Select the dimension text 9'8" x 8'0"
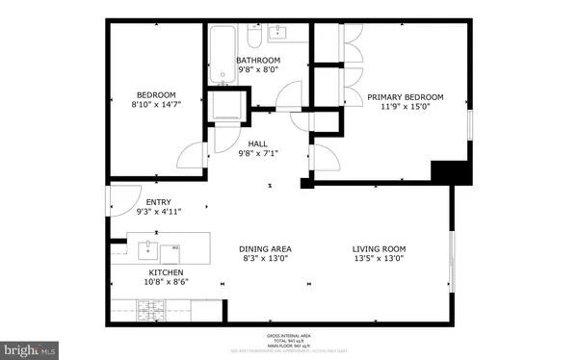(257, 69)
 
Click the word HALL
(257, 143)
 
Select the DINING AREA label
(265, 249)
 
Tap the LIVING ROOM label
(378, 249)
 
